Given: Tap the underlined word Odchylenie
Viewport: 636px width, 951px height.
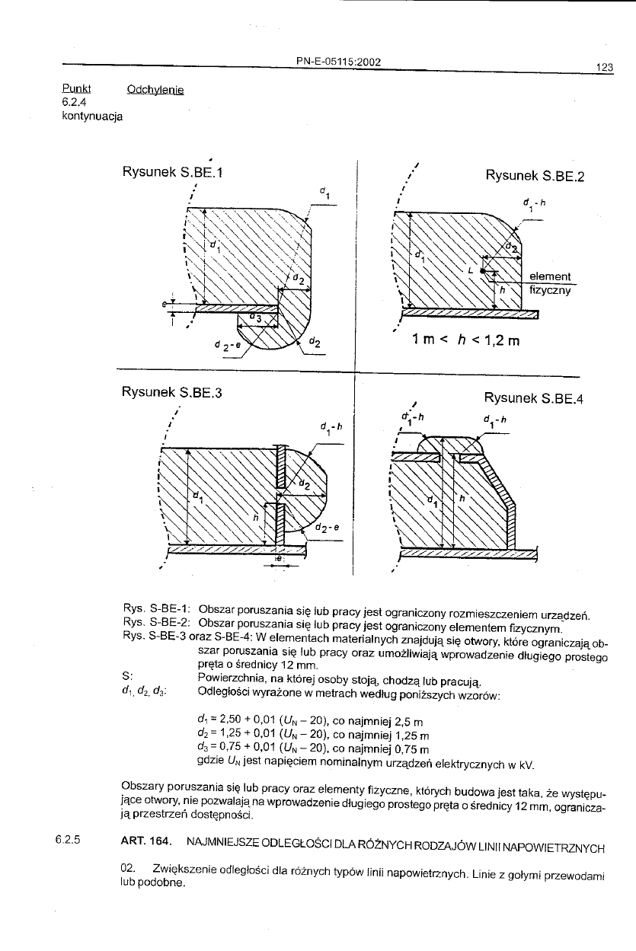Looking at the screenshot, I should [155, 89].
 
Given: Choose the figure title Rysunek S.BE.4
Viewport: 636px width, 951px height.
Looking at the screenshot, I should [534, 397].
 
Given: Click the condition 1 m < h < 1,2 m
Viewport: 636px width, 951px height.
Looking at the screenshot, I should [464, 340].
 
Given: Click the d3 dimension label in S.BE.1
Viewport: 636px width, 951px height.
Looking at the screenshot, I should [257, 318].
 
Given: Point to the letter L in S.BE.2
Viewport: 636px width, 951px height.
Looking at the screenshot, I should [471, 270].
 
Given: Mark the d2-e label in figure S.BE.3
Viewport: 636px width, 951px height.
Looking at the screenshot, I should [327, 526].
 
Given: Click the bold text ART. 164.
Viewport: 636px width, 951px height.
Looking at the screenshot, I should [145, 841].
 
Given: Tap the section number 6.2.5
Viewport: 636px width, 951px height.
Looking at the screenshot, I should [67, 841].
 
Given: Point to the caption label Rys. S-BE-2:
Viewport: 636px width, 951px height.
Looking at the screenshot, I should [155, 621].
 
